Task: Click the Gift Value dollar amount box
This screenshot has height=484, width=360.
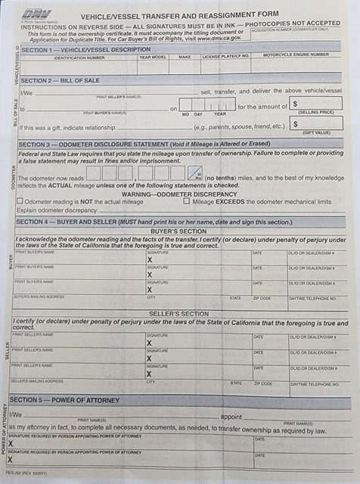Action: pyautogui.click(x=315, y=123)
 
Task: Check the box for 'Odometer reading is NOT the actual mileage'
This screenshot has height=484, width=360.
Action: pyautogui.click(x=20, y=201)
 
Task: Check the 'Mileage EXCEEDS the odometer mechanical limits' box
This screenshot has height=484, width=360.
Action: pyautogui.click(x=186, y=201)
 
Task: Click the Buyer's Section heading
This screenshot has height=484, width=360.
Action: pyautogui.click(x=178, y=231)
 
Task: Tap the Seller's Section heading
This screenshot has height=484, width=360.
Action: pyautogui.click(x=178, y=313)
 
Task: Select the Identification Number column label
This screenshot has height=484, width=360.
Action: pyautogui.click(x=79, y=57)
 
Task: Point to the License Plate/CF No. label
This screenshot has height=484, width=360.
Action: pyautogui.click(x=225, y=57)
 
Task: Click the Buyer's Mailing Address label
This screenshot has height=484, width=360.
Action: pyautogui.click(x=39, y=296)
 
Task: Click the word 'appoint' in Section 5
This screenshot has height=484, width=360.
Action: pyautogui.click(x=231, y=417)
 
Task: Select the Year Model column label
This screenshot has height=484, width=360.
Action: pyautogui.click(x=154, y=57)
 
